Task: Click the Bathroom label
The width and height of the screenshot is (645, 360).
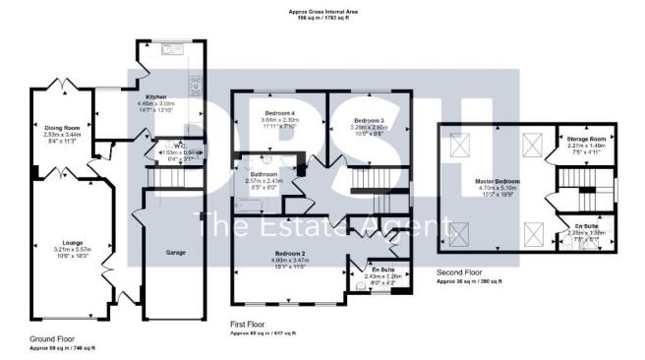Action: (264, 174)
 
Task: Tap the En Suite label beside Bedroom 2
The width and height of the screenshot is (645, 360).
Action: (383, 270)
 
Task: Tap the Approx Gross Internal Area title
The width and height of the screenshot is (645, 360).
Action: (322, 10)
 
